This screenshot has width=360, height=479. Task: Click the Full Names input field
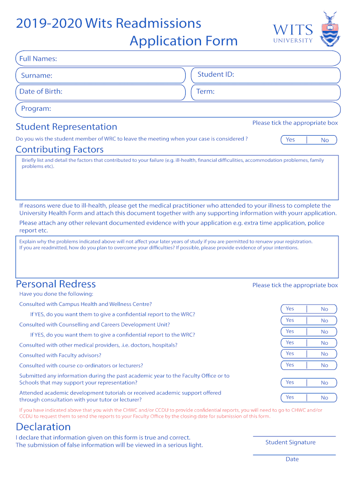(178, 58)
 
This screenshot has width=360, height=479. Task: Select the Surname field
(101, 75)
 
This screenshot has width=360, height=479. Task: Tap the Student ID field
(266, 75)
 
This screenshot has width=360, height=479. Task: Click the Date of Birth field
(101, 92)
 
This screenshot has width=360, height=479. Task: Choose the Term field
(266, 92)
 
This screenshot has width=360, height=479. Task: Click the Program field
(178, 109)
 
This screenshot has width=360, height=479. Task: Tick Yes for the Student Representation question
(290, 140)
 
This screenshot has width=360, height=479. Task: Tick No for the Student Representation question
(324, 140)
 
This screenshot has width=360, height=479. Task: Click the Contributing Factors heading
(60, 150)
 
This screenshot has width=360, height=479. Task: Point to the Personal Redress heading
(56, 284)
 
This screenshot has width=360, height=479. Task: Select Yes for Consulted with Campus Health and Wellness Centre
(290, 309)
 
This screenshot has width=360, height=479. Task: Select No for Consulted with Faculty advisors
(324, 354)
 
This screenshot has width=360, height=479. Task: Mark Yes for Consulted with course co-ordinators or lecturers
(290, 365)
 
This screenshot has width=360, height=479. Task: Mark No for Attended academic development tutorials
(324, 398)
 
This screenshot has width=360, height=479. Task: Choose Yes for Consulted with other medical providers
(290, 343)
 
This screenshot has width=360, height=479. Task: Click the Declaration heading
(43, 427)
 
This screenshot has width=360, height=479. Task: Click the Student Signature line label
(290, 443)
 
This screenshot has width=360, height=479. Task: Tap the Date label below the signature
(292, 459)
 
